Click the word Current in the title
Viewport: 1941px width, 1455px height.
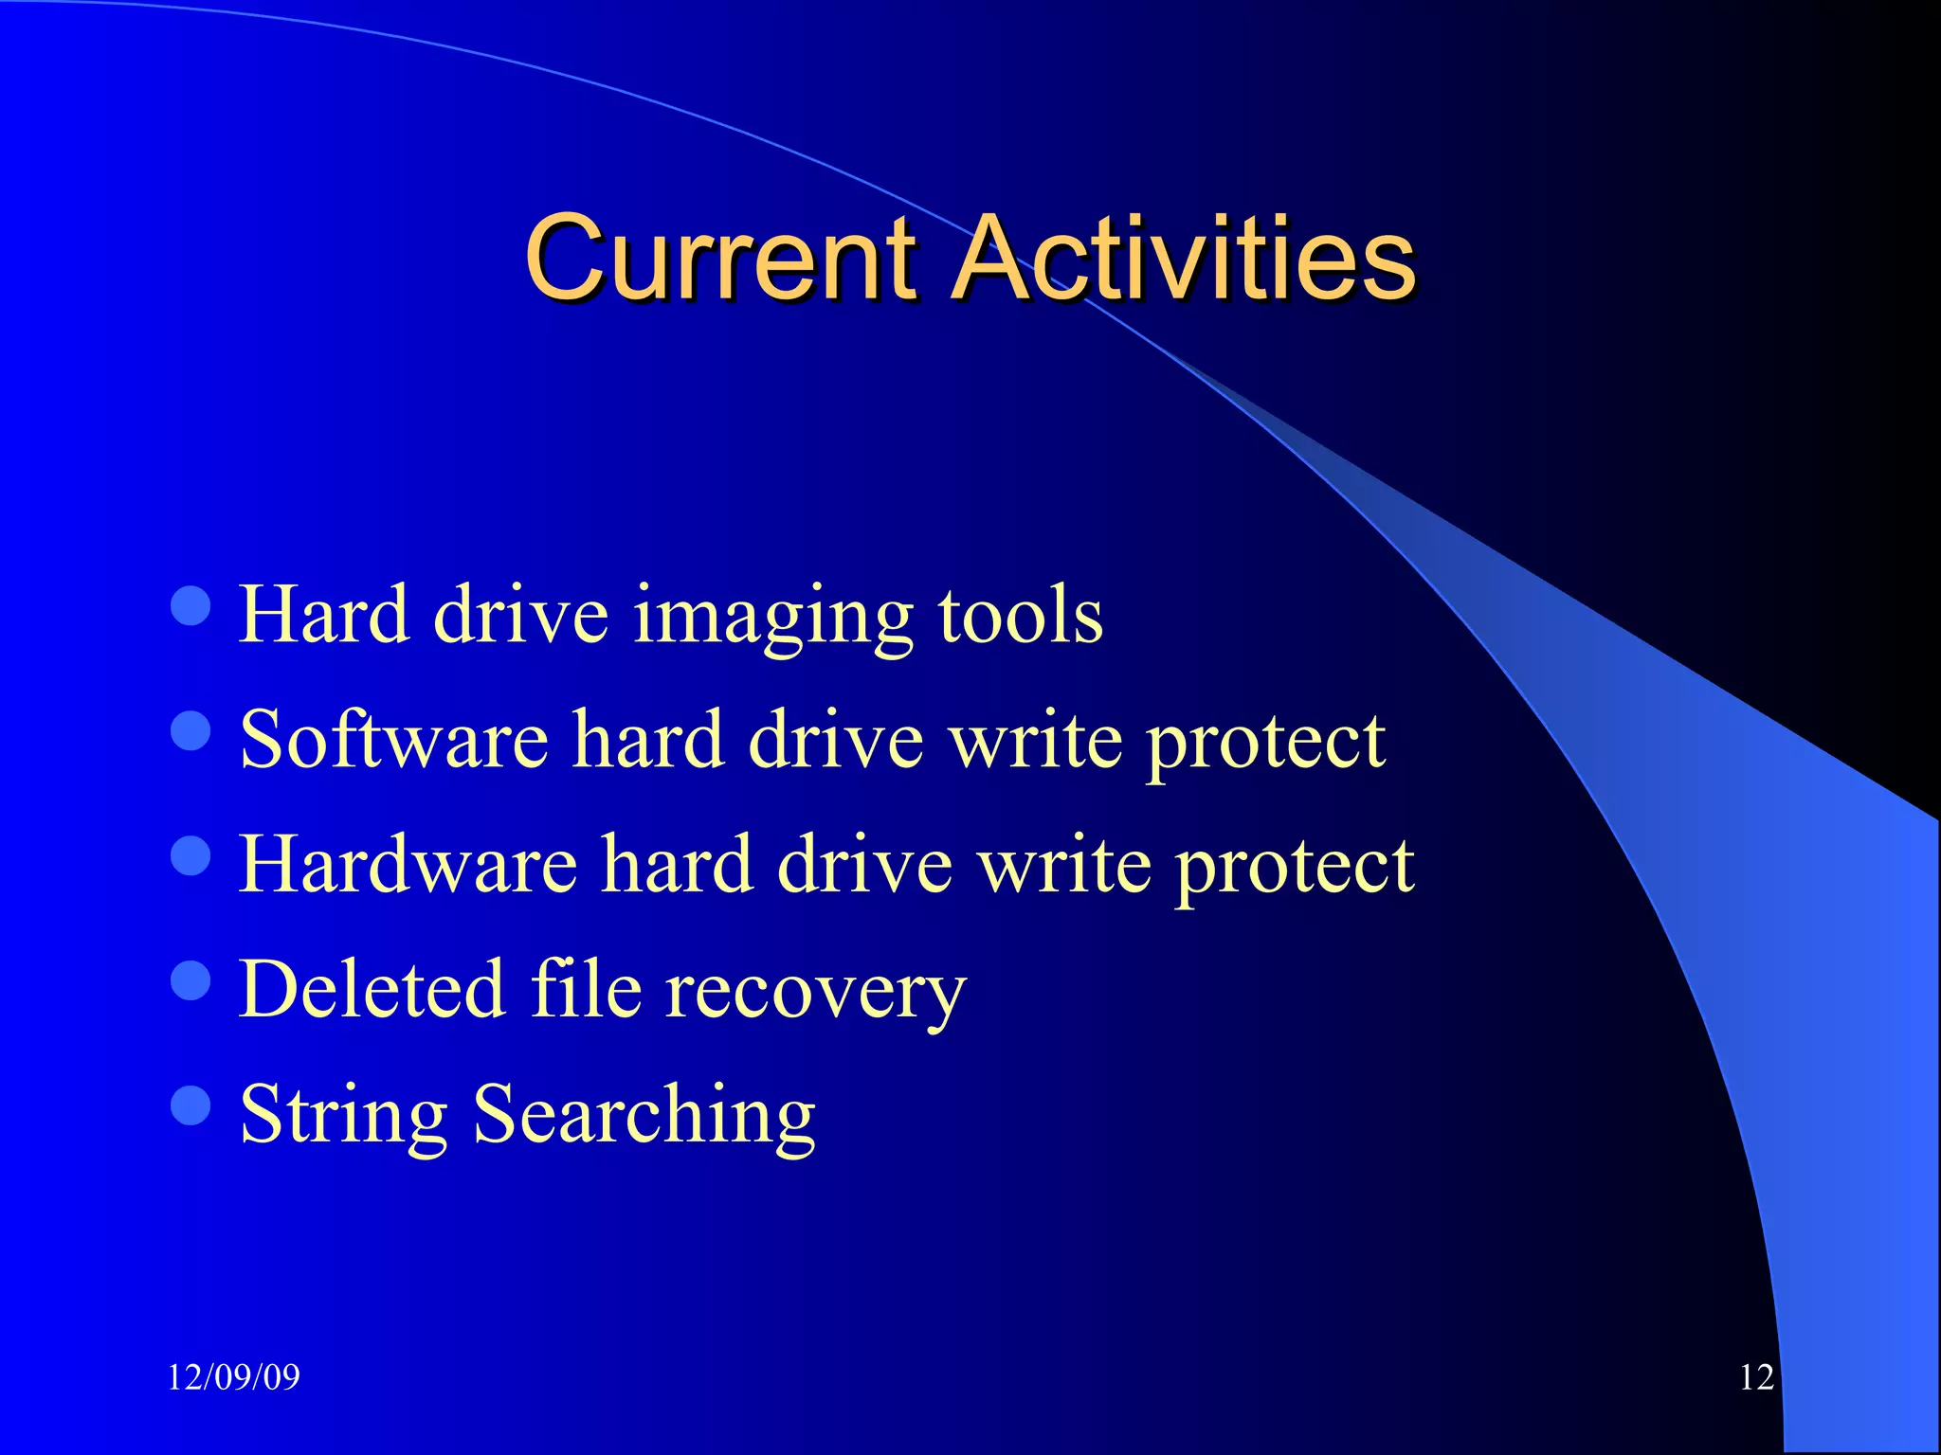tap(720, 258)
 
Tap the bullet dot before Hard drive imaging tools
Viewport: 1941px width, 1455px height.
tap(190, 605)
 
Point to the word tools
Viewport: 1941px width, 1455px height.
tap(1021, 616)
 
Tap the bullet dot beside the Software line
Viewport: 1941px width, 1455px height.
tap(190, 730)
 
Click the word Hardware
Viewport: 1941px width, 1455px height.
tap(408, 864)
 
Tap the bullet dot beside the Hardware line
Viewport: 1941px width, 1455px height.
tap(190, 855)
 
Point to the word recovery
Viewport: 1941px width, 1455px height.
tap(815, 993)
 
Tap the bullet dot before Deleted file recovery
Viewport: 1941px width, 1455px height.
tap(190, 980)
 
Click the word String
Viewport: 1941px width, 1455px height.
tap(343, 1116)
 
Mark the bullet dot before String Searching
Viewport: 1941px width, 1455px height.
tap(190, 1105)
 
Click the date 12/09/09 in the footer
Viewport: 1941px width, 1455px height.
tap(233, 1376)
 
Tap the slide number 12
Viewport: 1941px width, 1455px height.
tap(1756, 1376)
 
